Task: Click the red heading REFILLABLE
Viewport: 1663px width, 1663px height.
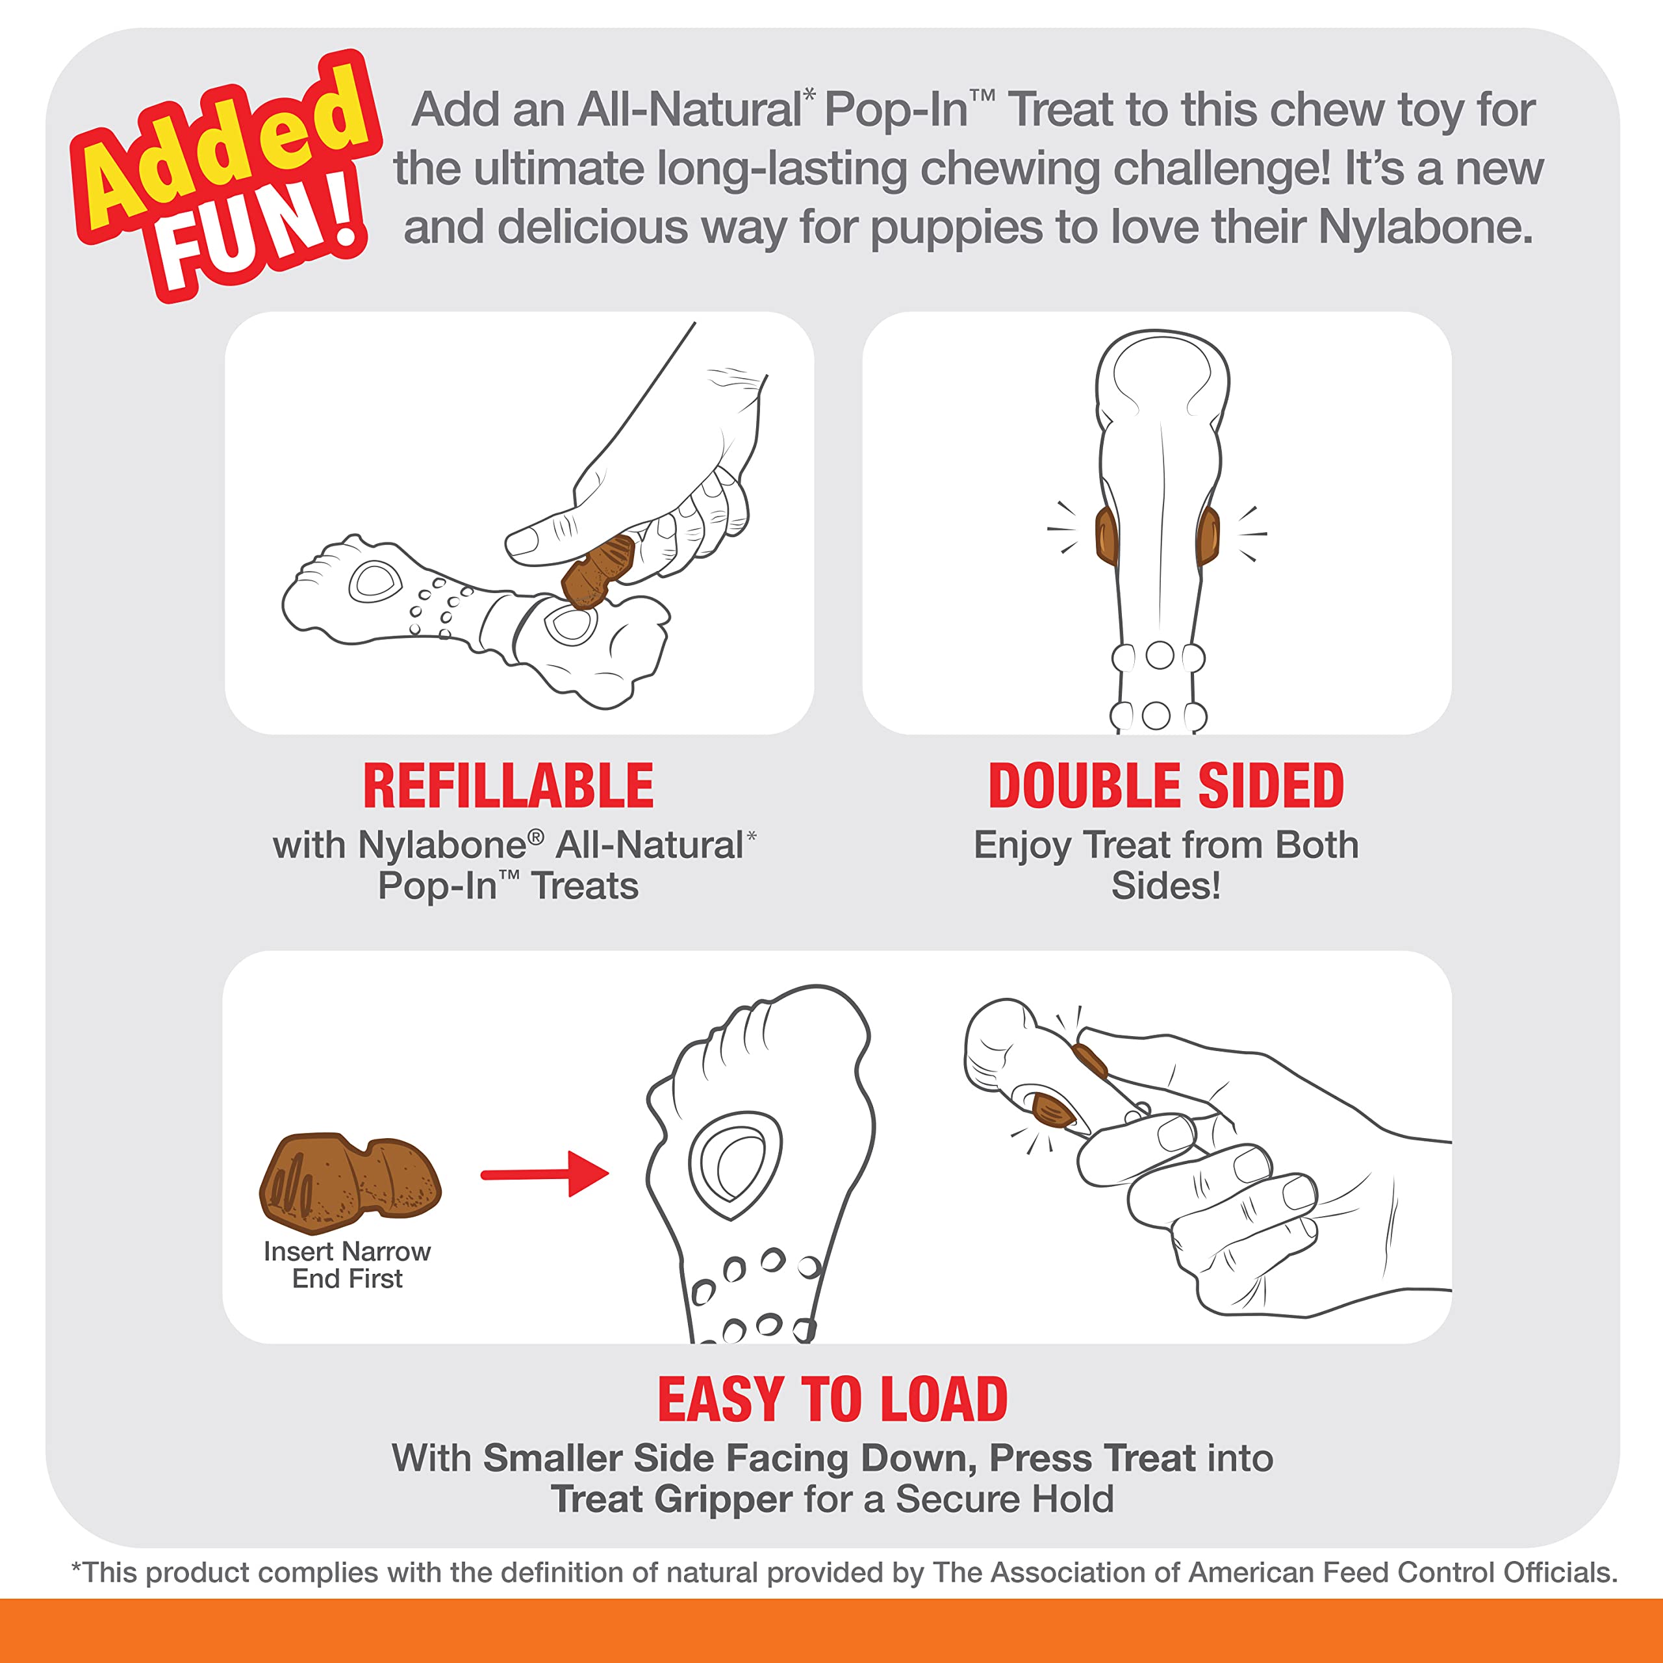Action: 508,786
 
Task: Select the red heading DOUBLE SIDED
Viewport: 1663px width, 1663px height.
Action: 1165,786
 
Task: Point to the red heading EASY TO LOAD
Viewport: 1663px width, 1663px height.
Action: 832,1400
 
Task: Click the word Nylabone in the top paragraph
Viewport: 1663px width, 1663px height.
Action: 1425,227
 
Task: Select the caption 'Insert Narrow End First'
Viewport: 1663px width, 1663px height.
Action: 347,1265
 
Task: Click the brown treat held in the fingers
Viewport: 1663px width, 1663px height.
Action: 598,571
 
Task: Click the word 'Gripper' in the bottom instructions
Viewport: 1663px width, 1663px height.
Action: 723,1499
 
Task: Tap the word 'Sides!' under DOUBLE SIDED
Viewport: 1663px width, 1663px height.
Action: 1165,885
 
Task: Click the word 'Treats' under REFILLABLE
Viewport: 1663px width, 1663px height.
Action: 585,885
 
